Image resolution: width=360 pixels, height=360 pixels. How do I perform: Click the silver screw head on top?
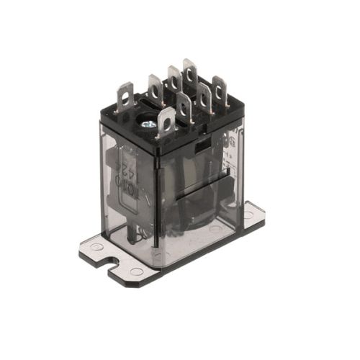(x=150, y=124)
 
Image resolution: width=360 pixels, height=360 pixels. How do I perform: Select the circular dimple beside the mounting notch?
(x=136, y=271)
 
